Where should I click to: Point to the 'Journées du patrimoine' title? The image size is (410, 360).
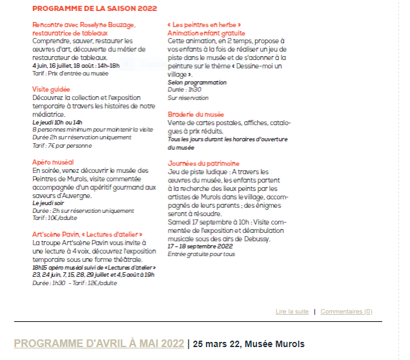point(203,163)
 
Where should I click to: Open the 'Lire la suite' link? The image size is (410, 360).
point(292,312)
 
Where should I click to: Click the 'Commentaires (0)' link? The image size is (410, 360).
point(346,312)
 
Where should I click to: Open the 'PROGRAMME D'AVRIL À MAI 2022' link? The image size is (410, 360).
point(99,343)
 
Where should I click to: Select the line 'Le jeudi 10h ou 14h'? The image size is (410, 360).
point(57,121)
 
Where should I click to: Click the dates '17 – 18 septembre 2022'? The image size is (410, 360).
point(200,246)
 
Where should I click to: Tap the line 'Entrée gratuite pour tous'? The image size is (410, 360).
point(201,254)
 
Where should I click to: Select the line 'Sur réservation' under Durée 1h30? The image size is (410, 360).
point(188,97)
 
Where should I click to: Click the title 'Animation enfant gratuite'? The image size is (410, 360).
point(206,33)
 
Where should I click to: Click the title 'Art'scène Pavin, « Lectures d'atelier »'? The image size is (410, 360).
point(87,235)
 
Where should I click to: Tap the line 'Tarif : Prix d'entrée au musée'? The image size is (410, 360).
point(71,73)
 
